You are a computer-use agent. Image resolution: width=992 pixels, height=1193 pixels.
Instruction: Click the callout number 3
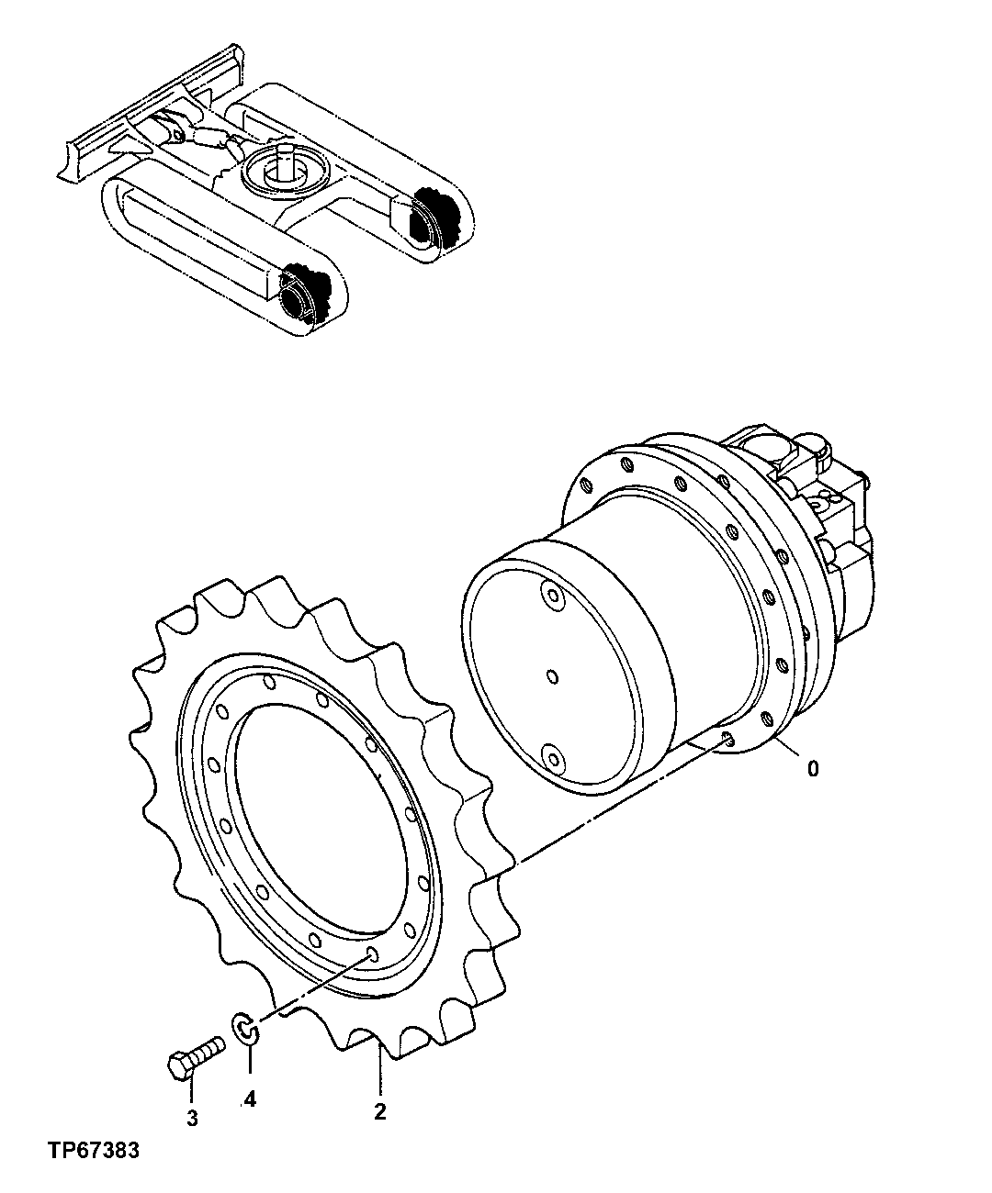192,1117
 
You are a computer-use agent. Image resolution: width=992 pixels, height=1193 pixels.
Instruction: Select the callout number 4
250,1099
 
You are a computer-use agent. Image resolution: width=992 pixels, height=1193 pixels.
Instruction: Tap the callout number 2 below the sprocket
379,1111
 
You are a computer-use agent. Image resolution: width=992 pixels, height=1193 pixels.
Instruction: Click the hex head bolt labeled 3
194,1055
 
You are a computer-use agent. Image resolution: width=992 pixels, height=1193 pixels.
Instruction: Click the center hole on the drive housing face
551,676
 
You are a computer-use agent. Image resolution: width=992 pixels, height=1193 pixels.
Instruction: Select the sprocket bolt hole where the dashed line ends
372,955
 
